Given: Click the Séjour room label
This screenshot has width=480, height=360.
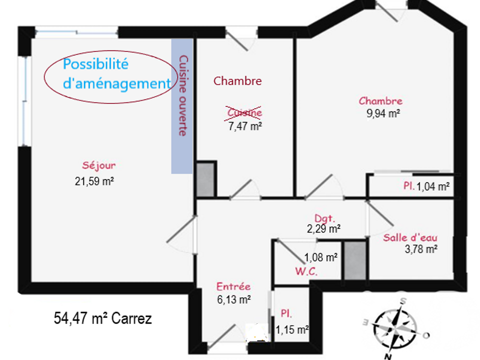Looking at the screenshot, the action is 98,166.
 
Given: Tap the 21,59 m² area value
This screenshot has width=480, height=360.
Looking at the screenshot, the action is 94,181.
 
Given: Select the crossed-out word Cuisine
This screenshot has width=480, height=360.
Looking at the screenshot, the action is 244,112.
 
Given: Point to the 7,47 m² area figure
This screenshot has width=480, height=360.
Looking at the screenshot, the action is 245,126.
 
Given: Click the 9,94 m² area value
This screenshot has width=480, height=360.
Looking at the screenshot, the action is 383,113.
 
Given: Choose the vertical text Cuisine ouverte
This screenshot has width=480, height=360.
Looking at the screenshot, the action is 183,95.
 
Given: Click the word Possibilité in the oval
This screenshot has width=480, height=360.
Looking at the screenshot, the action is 95,64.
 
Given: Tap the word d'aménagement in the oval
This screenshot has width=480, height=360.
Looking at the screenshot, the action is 116,83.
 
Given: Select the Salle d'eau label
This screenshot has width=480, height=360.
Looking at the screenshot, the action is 410,237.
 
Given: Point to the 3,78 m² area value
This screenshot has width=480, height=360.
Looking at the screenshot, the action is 421,249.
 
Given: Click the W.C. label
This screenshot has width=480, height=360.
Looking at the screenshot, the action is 306,271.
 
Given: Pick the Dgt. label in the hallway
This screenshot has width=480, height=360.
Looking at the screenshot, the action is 325,218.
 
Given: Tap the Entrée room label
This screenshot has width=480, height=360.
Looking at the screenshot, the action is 233,286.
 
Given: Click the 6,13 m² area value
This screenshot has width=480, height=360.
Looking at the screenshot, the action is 234,299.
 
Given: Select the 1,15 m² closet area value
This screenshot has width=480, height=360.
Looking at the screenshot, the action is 292,329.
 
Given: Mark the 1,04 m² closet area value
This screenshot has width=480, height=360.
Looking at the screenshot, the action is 433,186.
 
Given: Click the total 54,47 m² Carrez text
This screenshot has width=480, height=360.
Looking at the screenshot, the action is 103,318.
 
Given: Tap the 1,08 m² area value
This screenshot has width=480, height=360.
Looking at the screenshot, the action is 321,257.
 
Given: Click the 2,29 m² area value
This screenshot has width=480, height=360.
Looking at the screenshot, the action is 323,228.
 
